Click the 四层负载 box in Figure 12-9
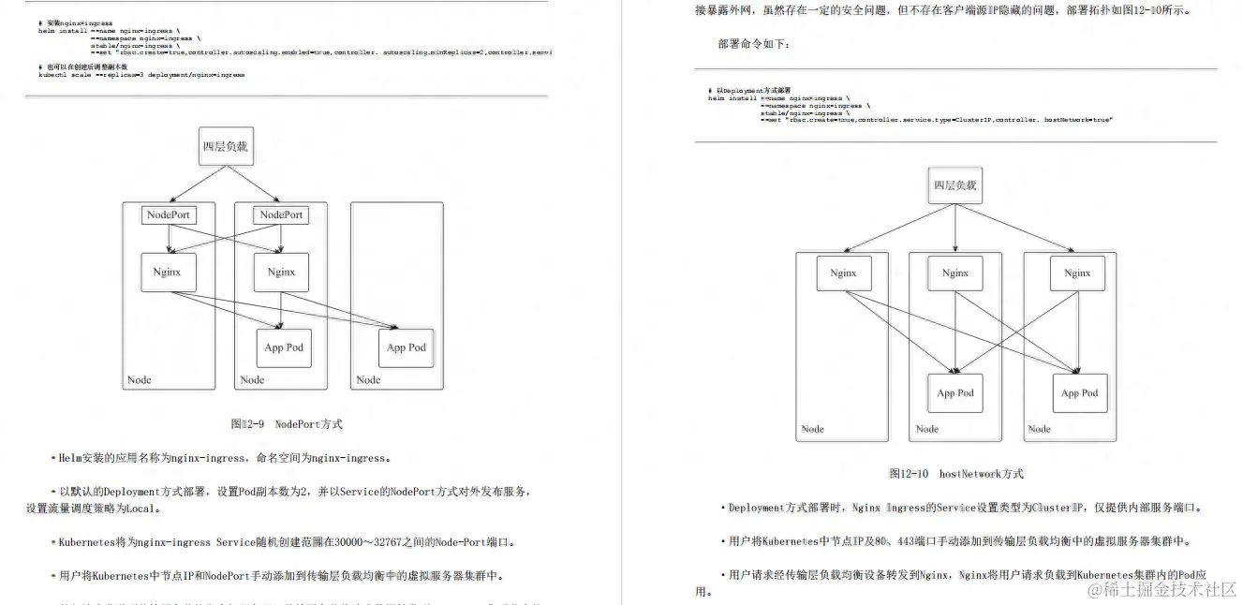point(226,146)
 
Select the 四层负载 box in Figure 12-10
point(954,185)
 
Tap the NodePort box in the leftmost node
point(169,214)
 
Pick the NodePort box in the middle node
point(281,214)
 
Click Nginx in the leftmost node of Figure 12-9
point(168,272)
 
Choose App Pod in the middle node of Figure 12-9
point(284,347)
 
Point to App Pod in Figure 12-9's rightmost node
point(407,347)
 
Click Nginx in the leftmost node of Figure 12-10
point(843,273)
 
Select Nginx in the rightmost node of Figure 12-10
point(1077,273)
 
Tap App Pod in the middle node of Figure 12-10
point(955,393)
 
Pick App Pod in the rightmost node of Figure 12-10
point(1080,393)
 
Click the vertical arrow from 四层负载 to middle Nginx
point(955,229)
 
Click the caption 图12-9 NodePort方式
point(287,424)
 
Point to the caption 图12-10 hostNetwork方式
point(955,474)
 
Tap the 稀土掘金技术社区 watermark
point(1162,589)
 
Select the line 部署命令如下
point(755,44)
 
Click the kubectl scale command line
point(141,75)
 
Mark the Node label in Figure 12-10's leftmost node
point(812,429)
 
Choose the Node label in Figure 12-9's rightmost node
point(368,379)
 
